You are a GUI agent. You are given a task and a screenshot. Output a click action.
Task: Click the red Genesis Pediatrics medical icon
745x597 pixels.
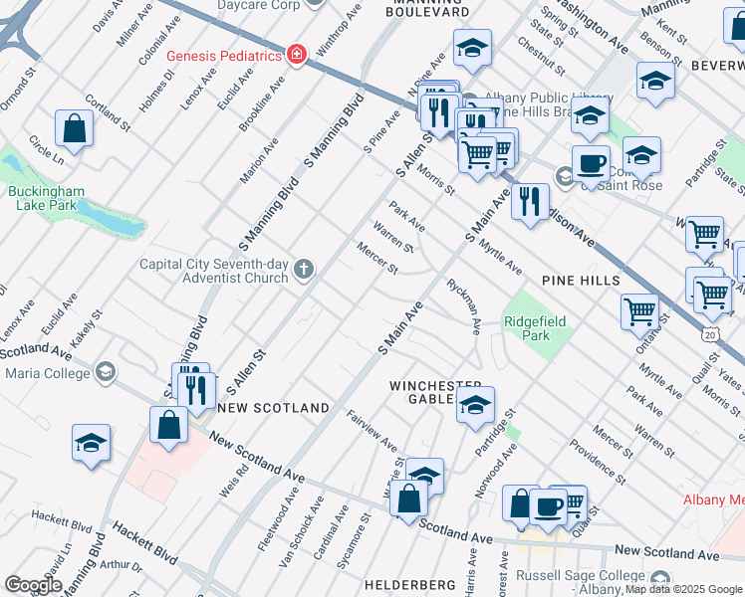296,55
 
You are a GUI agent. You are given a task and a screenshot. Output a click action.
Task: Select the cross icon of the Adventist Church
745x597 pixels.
303,270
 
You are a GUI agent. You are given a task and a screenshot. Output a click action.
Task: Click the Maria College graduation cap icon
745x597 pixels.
104,373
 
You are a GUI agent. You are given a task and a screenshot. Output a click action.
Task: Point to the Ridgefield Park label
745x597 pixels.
535,328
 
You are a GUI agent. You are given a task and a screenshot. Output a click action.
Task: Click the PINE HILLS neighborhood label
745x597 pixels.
581,281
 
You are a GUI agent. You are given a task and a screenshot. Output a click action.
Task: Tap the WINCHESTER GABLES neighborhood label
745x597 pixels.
435,392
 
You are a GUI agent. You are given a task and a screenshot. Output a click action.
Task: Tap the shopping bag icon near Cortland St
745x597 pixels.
75,128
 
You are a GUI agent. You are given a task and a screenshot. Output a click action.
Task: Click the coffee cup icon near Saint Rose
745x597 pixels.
592,162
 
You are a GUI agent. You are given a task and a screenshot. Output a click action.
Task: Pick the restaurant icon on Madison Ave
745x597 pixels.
529,202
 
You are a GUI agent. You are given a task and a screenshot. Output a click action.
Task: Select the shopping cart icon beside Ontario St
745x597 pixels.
639,310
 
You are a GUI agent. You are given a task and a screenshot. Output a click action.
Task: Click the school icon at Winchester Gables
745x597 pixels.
476,405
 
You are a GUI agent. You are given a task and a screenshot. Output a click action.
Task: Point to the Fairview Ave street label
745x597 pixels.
372,431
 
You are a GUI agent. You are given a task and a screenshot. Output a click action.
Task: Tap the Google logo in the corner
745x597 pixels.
34,585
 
